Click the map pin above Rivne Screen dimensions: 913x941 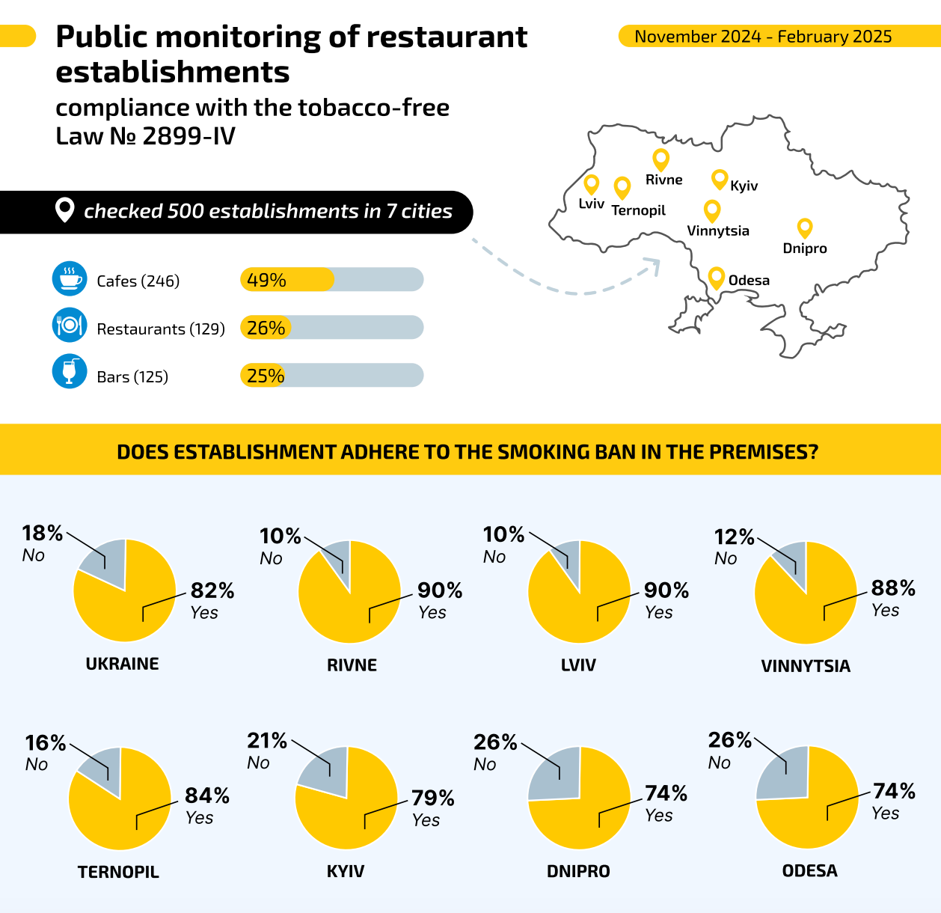coord(660,159)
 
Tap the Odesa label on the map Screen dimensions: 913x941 coord(749,281)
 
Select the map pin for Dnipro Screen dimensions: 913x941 coord(805,228)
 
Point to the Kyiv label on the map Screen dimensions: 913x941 coord(744,186)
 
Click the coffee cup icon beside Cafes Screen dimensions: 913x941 coord(70,279)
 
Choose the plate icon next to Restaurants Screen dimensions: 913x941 coord(70,326)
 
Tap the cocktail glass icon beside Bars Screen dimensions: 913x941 coord(70,371)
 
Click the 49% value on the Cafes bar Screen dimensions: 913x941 coord(266,280)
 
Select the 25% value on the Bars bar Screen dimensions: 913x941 coord(266,376)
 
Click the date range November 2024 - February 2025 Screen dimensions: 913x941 coord(763,37)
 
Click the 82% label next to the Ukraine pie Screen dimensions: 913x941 coord(212,590)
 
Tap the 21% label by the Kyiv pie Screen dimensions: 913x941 coord(267,740)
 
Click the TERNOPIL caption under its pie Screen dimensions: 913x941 coord(118,872)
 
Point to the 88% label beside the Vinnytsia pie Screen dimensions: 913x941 coord(893,588)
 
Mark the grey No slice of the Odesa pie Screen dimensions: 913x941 coord(782,775)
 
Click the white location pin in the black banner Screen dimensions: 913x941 coord(65,210)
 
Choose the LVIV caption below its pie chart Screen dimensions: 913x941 coord(578,665)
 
